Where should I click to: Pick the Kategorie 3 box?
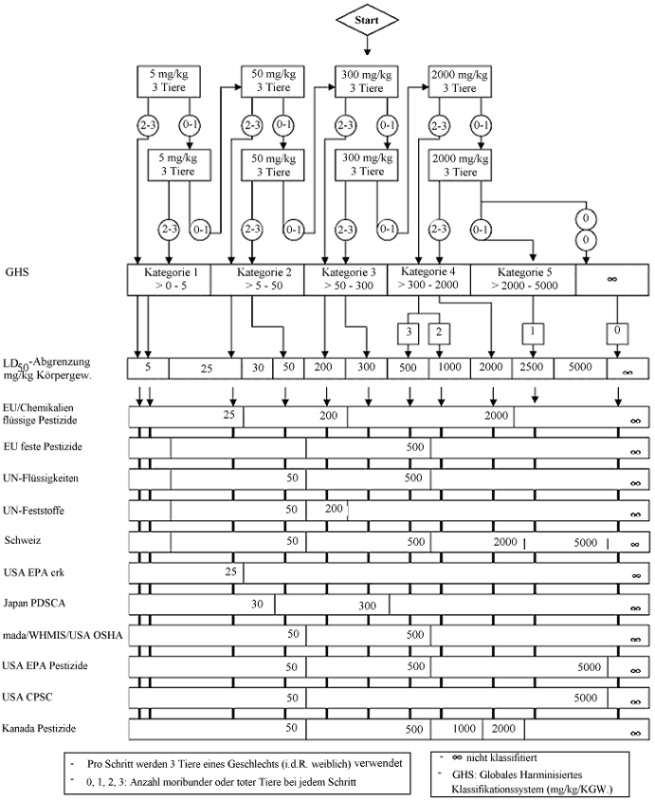[346, 279]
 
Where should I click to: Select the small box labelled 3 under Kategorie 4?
[409, 332]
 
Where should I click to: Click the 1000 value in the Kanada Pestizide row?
[462, 729]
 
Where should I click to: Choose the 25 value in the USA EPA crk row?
[229, 571]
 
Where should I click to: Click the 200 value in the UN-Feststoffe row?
[335, 510]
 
